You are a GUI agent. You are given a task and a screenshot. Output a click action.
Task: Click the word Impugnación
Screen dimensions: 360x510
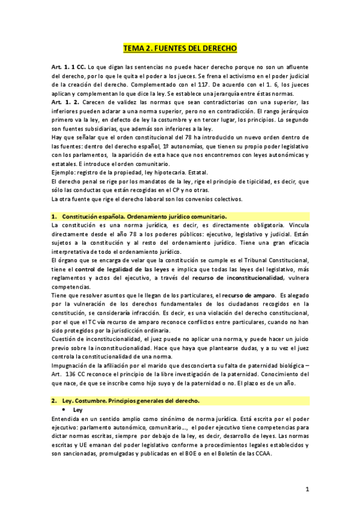point(73,363)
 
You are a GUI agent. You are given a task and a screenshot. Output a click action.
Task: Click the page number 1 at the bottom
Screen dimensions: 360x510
point(307,490)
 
